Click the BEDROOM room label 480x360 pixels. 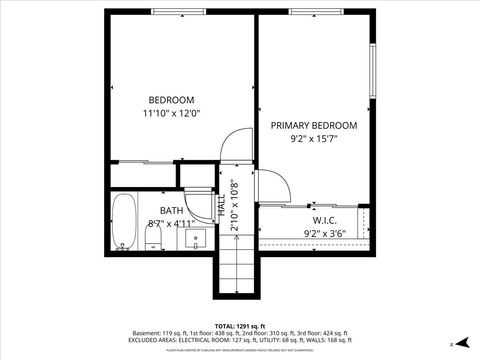[171, 99]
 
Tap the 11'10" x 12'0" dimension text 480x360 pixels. [171, 113]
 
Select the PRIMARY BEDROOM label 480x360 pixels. [314, 125]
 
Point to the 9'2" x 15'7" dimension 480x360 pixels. [314, 139]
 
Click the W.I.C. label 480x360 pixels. [324, 220]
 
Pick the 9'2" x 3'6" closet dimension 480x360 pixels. [324, 234]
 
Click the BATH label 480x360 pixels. [172, 210]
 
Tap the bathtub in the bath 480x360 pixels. [124, 221]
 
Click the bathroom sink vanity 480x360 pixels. [196, 239]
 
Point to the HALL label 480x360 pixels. [221, 206]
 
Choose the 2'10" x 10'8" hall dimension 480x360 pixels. [234, 205]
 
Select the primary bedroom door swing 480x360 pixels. [273, 186]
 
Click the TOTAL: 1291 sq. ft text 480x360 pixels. [239, 326]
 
